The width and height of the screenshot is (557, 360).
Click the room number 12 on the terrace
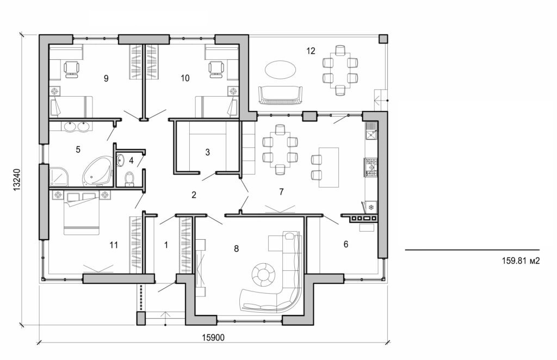click(311, 51)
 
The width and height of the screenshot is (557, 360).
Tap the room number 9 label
click(106, 78)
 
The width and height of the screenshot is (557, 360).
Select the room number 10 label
click(185, 78)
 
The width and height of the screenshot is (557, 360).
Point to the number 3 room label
click(207, 153)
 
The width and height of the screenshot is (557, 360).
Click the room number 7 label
click(281, 191)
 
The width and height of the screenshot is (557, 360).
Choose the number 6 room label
click(346, 244)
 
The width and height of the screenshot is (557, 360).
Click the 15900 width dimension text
click(213, 337)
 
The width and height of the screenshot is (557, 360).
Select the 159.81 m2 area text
click(521, 260)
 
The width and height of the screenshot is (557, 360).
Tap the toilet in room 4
click(129, 178)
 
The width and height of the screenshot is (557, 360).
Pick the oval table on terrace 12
click(281, 70)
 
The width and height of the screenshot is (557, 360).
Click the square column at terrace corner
click(383, 39)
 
